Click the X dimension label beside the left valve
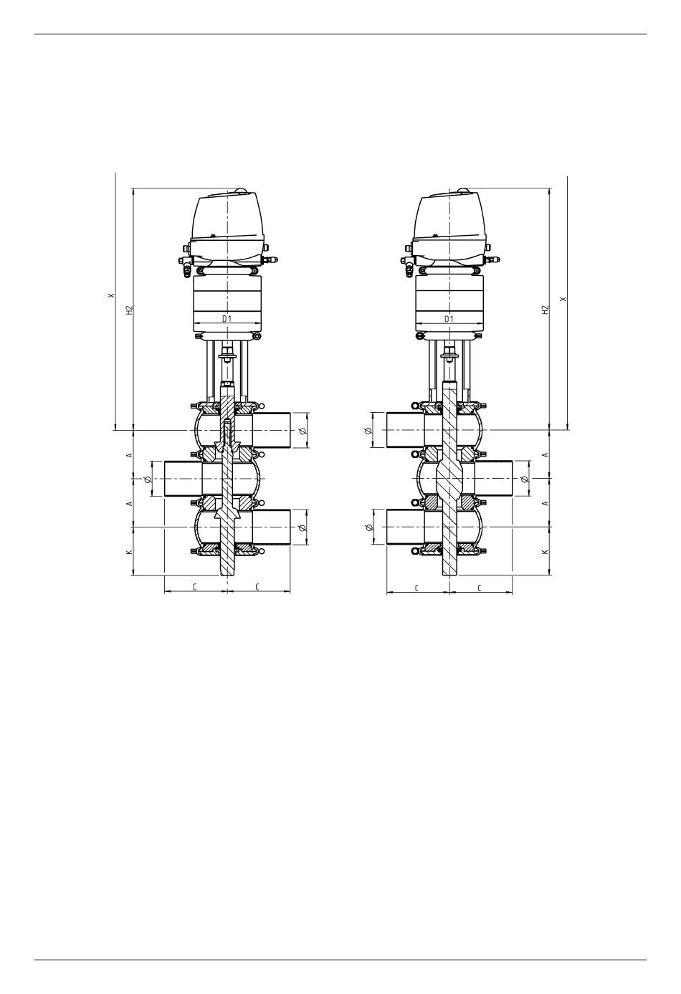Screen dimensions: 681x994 pos(111,295)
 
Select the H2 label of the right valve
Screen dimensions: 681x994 pos(546,310)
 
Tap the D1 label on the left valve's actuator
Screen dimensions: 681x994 pos(227,319)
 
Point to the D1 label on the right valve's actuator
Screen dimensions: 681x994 pos(449,319)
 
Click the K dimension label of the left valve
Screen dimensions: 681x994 pos(129,552)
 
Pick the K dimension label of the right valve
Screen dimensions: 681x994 pos(546,552)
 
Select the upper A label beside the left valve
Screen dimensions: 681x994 pos(129,455)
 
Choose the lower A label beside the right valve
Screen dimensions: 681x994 pos(546,503)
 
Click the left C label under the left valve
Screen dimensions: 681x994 pos(195,587)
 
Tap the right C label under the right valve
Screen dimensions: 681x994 pos(480,588)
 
